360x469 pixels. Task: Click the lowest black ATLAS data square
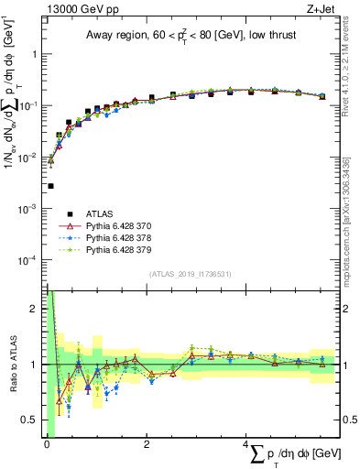click(50, 186)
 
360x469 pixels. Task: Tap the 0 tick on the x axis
click(47, 444)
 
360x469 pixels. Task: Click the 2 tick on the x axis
click(147, 444)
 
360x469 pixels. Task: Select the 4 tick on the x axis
click(246, 444)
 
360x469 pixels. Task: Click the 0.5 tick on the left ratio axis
click(34, 420)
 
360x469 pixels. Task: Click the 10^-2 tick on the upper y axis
click(29, 158)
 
